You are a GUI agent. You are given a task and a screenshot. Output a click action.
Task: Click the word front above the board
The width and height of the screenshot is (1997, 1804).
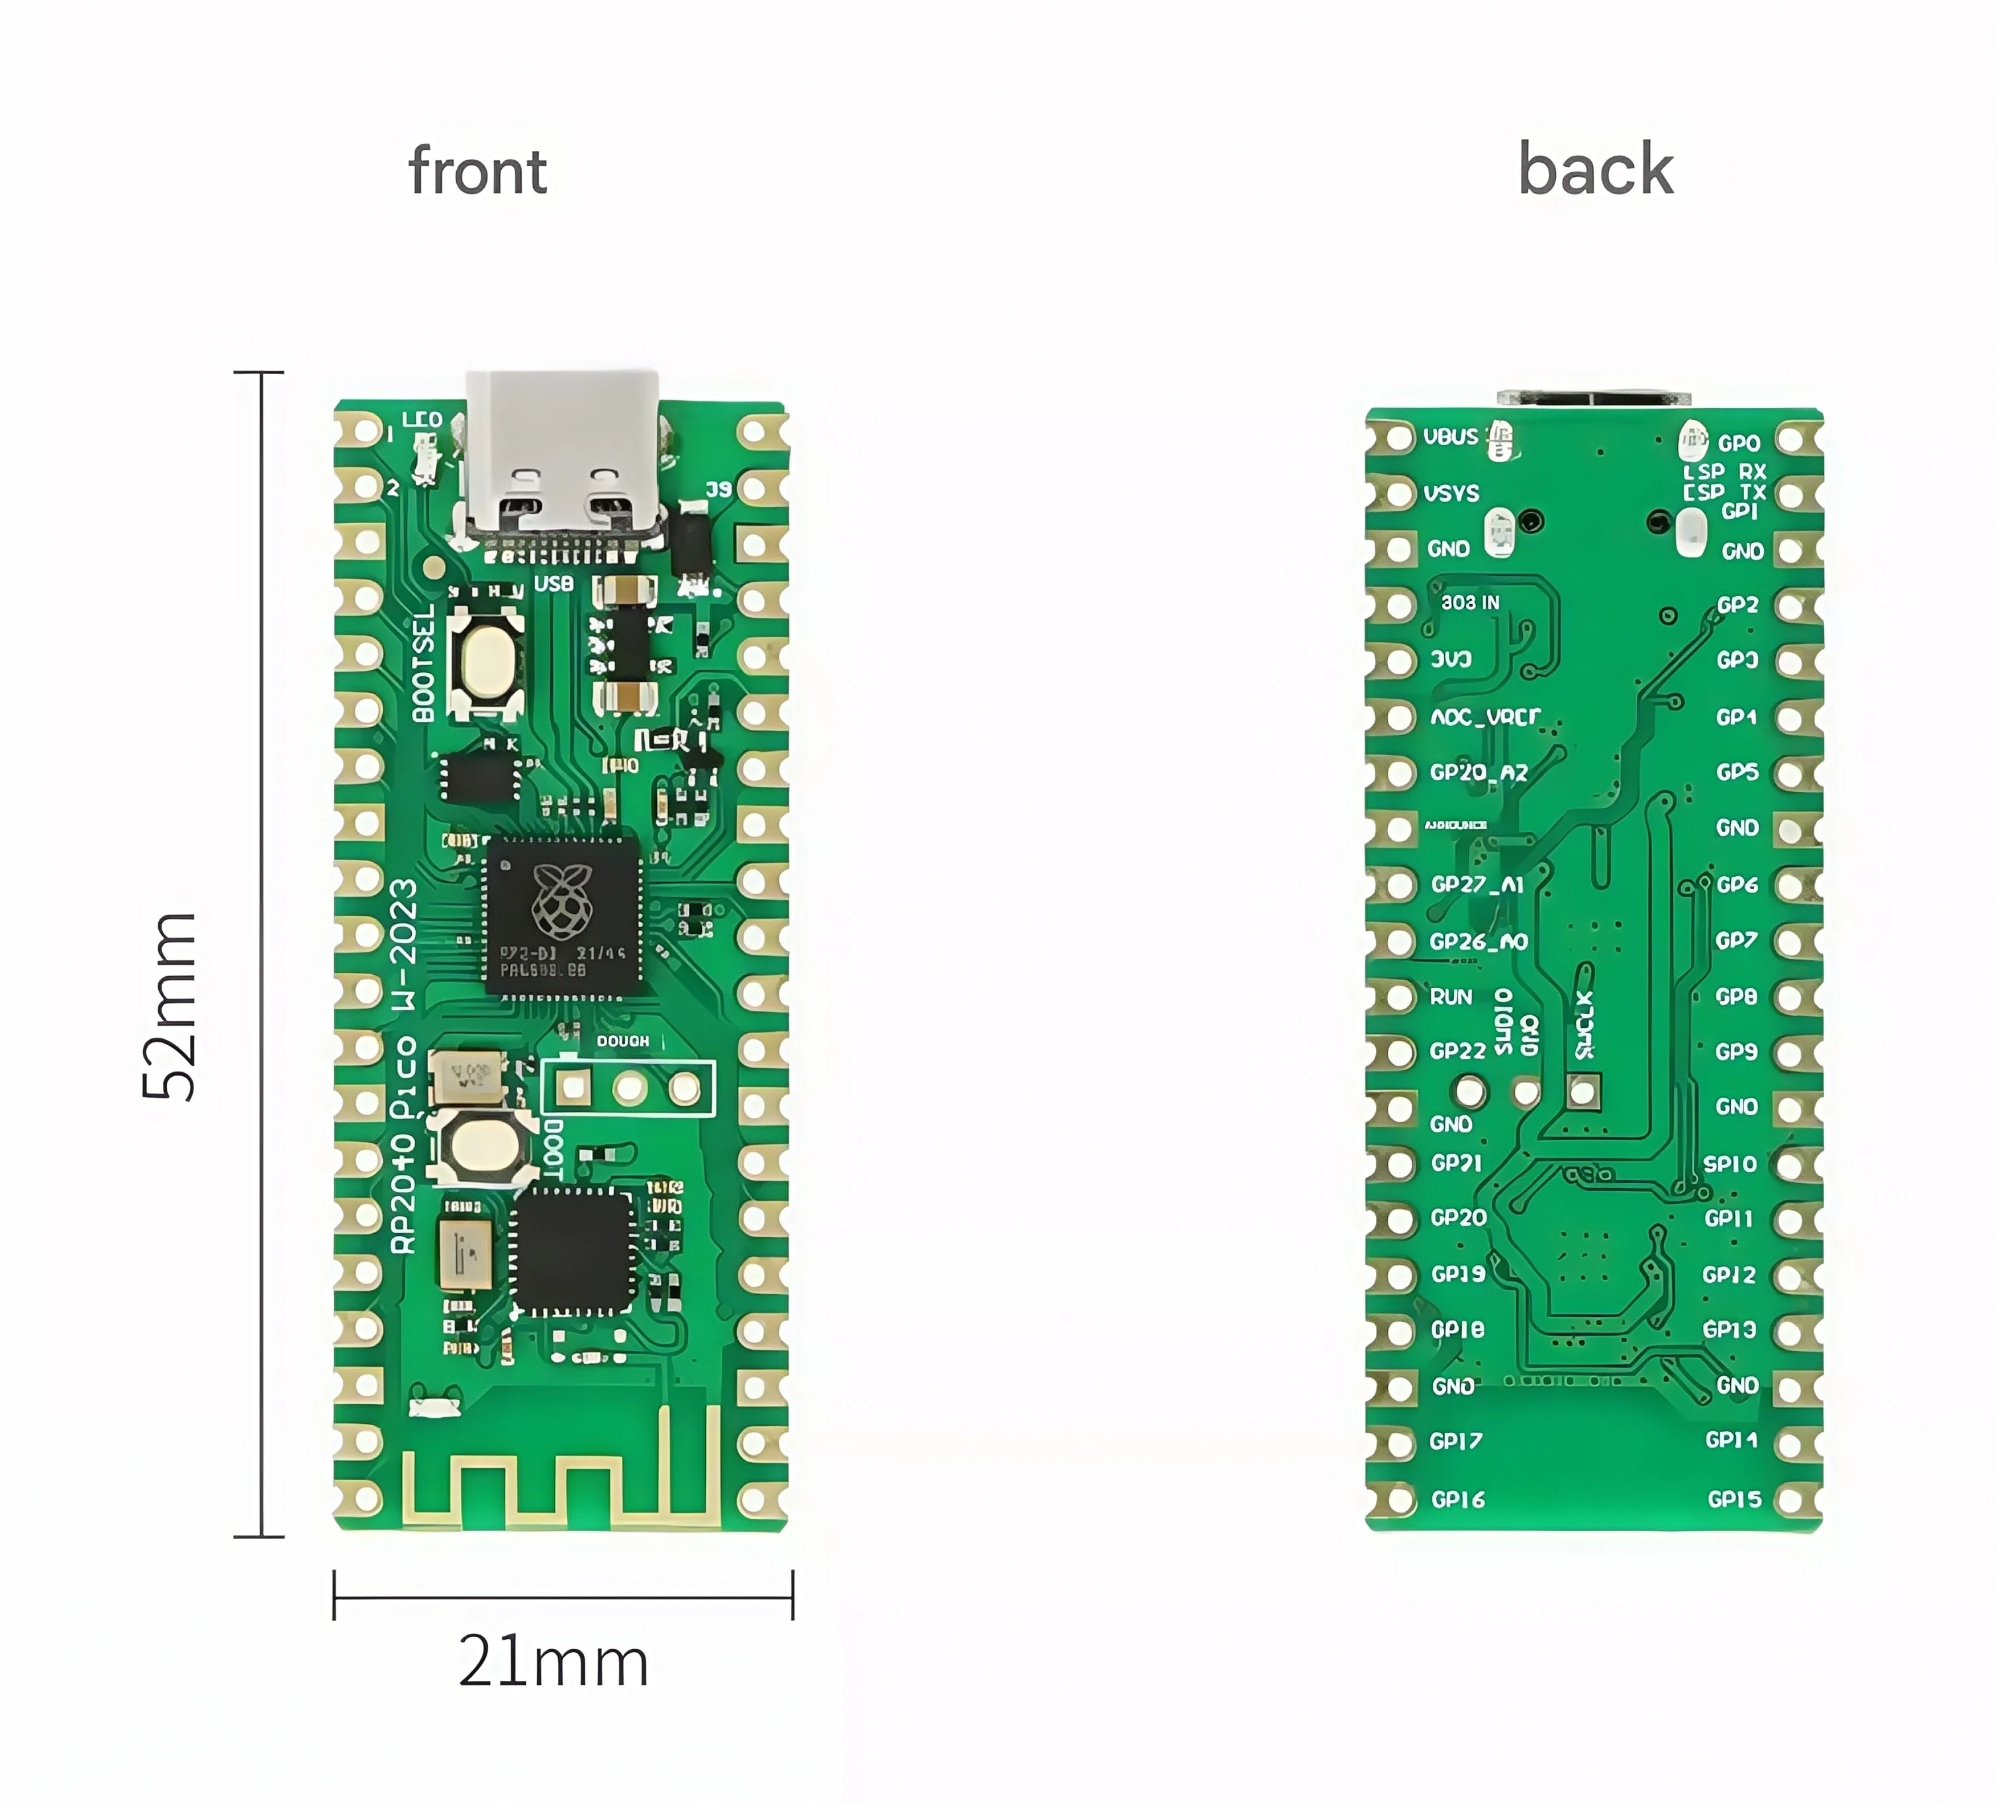pos(477,172)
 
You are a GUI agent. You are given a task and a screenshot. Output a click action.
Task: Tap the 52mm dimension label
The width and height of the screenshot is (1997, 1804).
pos(170,1005)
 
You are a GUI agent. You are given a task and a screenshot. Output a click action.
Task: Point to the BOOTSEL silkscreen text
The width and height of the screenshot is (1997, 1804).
pos(423,662)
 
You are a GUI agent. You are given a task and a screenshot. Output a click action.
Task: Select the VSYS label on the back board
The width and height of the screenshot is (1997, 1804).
pos(1451,493)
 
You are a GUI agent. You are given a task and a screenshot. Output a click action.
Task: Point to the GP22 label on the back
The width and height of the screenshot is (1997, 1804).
pos(1458,1051)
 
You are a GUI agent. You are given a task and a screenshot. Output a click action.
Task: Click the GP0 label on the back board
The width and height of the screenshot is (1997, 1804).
pos(1739,443)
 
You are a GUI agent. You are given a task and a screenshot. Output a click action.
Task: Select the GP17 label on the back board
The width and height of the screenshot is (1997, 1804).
pos(1456,1442)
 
